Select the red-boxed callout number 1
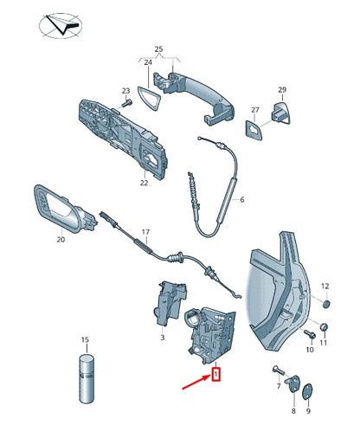point(216,374)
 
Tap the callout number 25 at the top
point(158,50)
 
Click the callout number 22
point(145,182)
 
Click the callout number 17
point(146,232)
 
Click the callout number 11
point(325,344)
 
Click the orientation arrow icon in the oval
point(61,22)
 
